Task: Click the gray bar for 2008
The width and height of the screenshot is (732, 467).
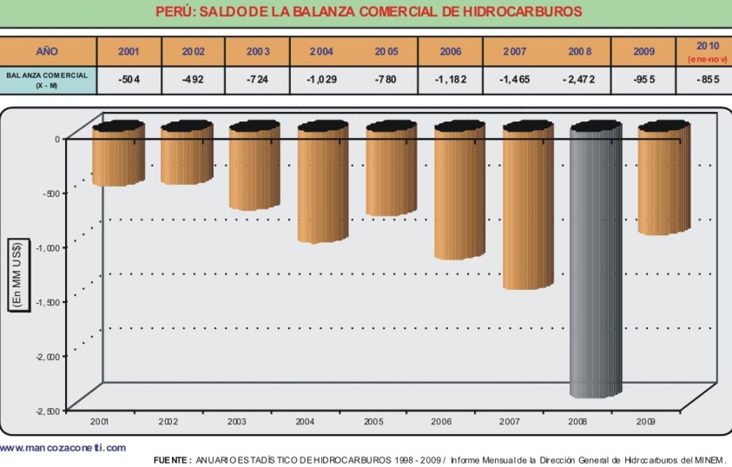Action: point(596,260)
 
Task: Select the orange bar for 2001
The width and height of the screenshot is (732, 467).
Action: point(118,156)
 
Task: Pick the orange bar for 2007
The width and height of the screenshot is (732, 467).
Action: point(528,208)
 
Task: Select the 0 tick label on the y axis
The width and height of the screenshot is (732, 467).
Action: point(56,139)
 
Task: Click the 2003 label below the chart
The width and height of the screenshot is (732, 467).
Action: point(235,421)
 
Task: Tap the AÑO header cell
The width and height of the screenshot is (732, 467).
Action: point(48,51)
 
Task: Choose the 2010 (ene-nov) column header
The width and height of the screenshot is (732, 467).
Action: point(704,50)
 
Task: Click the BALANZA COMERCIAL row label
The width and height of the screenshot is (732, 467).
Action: point(48,79)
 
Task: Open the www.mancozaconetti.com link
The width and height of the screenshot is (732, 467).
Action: point(63,448)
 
